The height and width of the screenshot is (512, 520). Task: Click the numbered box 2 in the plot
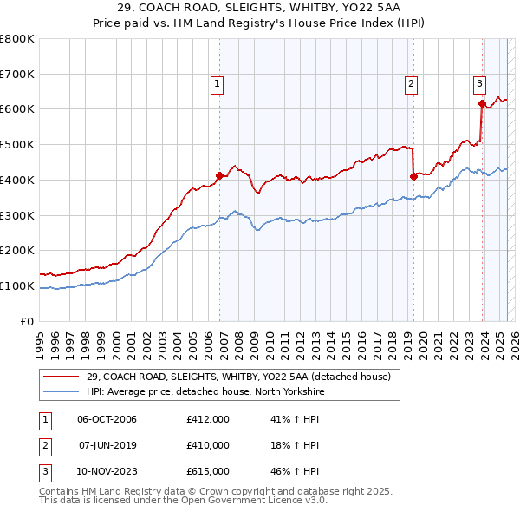tap(410, 84)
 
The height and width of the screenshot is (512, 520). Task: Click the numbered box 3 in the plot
tap(479, 84)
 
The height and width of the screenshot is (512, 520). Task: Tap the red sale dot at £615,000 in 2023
tap(482, 103)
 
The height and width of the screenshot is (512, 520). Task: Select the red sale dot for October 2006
tap(219, 175)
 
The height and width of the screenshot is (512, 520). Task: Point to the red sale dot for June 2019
tap(413, 176)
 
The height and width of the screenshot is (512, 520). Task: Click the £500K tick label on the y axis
tap(17, 145)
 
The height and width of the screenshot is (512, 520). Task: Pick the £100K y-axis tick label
tap(17, 286)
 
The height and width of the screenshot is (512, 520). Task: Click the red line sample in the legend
tap(62, 377)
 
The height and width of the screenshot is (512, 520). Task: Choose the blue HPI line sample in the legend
tap(62, 391)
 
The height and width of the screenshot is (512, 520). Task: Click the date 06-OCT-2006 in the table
tap(107, 419)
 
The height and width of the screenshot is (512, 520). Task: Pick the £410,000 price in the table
tap(207, 445)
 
